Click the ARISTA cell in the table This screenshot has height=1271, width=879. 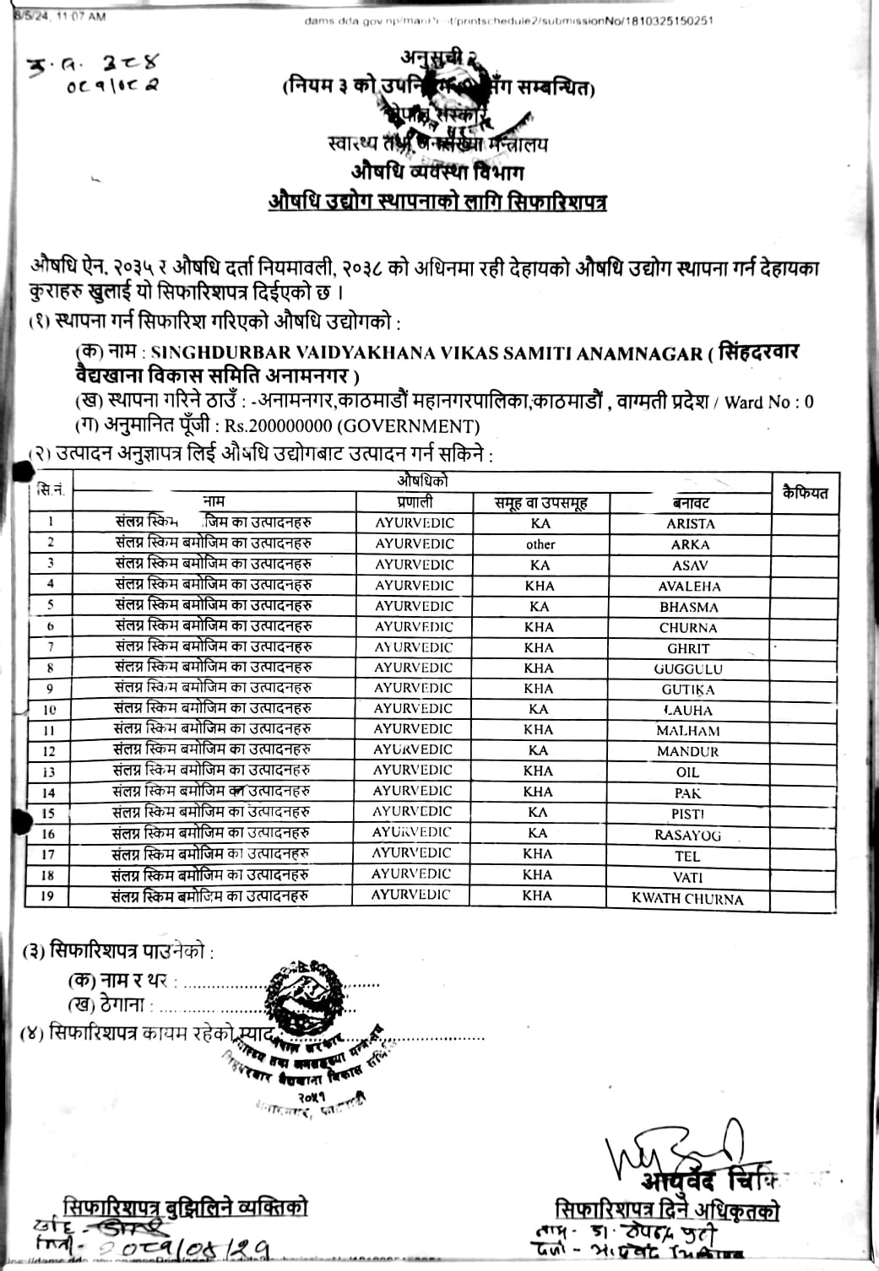pos(690,523)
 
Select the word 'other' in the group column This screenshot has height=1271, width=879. pos(540,544)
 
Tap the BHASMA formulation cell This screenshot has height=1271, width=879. pos(689,607)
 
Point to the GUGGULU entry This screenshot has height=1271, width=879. pos(688,669)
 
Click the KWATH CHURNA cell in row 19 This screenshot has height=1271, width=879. pos(687,899)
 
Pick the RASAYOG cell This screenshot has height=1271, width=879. pos(688,835)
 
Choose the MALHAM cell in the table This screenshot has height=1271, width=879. pos(688,731)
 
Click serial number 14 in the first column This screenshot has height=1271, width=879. pos(49,792)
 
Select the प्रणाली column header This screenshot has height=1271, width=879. pos(415,501)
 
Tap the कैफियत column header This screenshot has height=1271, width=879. pos(805,493)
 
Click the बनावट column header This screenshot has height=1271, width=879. pos(691,502)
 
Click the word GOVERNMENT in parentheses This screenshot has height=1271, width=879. pos(412,427)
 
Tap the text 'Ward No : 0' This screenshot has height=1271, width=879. pos(768,403)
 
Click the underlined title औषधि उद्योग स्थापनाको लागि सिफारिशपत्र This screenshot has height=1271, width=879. pos(437,203)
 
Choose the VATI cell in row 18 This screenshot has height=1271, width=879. pos(688,878)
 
